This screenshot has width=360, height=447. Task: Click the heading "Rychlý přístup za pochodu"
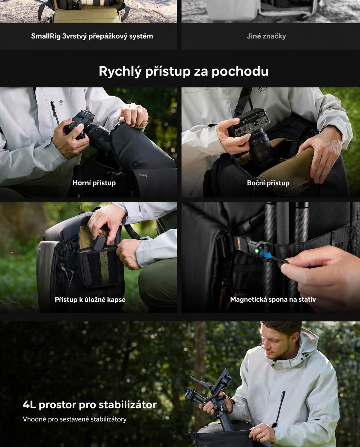click(184, 71)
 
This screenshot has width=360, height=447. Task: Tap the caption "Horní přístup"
click(94, 183)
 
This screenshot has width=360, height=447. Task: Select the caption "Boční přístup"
click(268, 183)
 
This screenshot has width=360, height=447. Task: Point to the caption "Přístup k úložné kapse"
click(90, 299)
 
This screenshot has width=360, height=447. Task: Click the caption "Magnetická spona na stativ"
click(273, 299)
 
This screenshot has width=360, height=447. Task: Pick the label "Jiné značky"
click(266, 36)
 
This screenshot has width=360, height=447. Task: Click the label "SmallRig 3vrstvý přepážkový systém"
click(92, 36)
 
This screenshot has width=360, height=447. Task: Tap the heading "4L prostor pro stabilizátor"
click(90, 405)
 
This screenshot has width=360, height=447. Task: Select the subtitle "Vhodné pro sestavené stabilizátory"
click(74, 419)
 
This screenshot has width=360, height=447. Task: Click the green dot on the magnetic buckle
click(257, 251)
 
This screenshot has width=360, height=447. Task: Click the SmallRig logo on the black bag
click(143, 175)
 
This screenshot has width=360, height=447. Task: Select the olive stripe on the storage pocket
click(105, 267)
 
